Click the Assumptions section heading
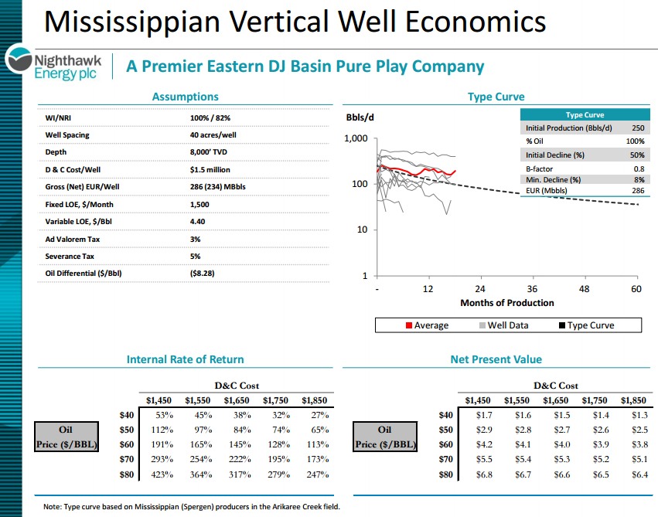[x=185, y=97]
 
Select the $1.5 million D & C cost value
[x=210, y=169]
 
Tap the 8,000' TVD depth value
[x=210, y=152]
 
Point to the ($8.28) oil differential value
[x=202, y=273]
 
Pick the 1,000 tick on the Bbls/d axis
[x=356, y=139]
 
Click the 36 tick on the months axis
[x=532, y=288]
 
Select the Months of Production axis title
[x=506, y=302]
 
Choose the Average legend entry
[x=426, y=325]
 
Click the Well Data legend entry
[x=503, y=325]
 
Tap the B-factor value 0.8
[x=639, y=168]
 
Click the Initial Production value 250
[x=637, y=128]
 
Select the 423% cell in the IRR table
[x=160, y=474]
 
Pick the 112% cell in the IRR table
[x=160, y=430]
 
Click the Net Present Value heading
[x=496, y=359]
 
